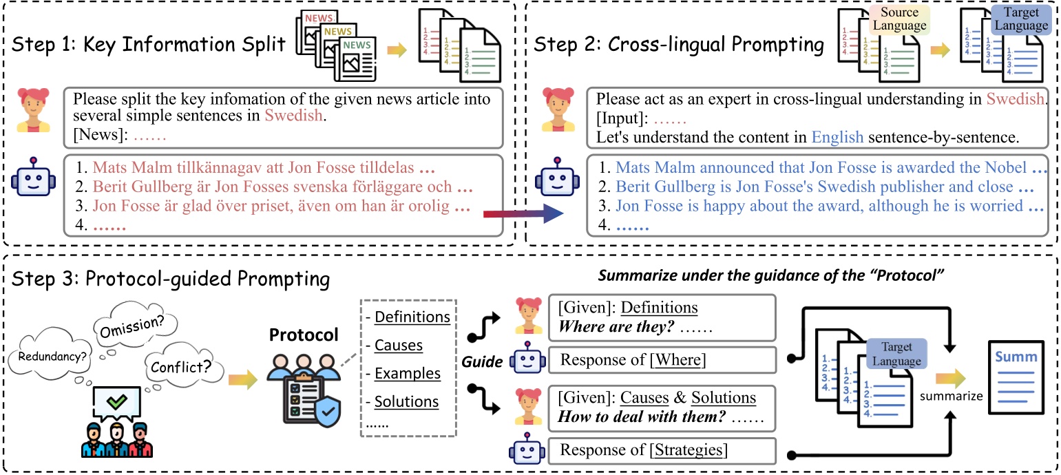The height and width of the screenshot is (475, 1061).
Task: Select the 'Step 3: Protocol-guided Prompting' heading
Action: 170,280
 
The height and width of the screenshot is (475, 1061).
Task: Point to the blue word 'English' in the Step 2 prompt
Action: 837,137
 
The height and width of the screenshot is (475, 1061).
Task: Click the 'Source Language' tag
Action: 899,20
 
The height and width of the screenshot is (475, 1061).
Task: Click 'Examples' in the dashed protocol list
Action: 407,373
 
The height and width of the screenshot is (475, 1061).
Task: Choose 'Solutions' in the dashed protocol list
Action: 407,401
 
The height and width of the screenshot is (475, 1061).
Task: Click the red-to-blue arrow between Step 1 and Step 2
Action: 523,215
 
